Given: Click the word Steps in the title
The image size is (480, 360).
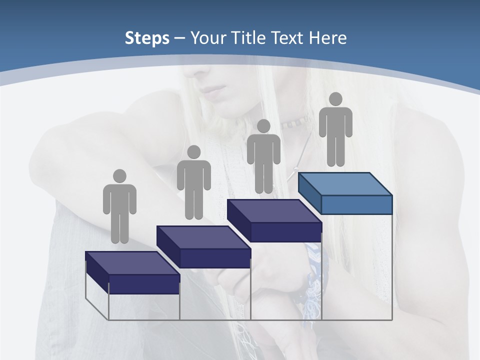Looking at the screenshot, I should tap(147, 38).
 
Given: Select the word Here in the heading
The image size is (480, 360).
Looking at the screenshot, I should tap(328, 38).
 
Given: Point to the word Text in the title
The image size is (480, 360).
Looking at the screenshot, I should tap(289, 38).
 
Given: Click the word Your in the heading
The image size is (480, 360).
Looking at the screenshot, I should tap(208, 38).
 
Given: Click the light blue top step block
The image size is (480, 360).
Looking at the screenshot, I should tap(345, 193).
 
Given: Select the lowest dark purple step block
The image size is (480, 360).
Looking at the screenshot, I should tap(132, 272).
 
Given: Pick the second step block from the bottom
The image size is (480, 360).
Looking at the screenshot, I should tap(203, 246).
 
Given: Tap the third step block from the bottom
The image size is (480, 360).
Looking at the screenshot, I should tap(274, 220).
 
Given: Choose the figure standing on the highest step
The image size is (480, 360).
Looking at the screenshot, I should tap(335, 130).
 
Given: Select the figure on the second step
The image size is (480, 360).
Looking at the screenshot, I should tap(193, 183).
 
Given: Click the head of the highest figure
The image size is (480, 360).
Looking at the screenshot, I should tap(335, 99).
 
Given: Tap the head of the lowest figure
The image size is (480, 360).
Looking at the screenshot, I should tap(119, 176).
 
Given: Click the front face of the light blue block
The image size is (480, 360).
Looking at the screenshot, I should tap(356, 204).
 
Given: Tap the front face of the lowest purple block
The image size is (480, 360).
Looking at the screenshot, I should tap(144, 284).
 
